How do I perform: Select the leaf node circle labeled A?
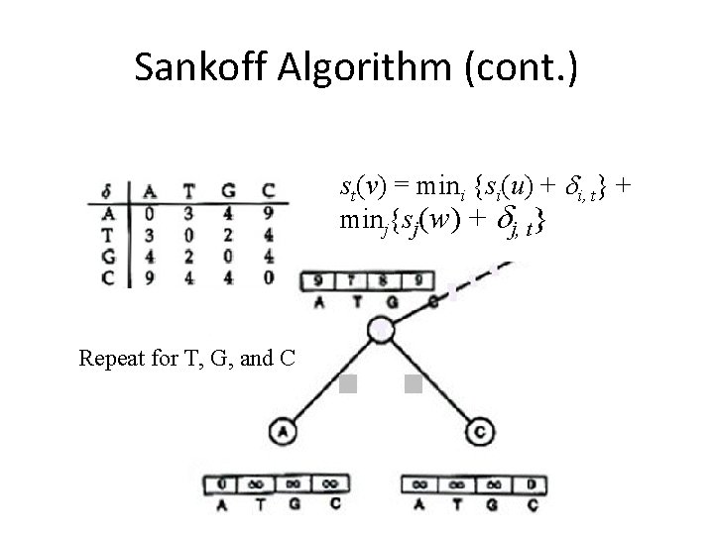click(282, 432)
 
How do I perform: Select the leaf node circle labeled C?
click(479, 432)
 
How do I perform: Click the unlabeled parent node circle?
click(380, 328)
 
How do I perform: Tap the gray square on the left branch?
click(347, 384)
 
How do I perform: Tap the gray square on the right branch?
click(414, 384)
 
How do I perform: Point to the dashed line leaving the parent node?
click(476, 279)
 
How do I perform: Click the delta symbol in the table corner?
click(106, 190)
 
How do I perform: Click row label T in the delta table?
click(107, 234)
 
